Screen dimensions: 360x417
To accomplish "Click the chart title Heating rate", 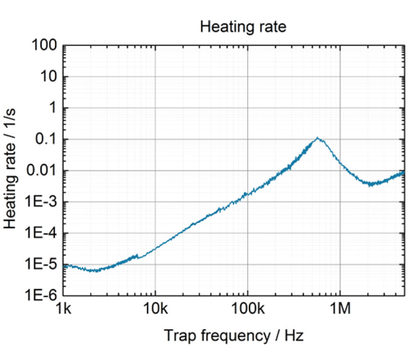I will click(243, 27).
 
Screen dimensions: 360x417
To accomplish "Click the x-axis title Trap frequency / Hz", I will click(234, 335).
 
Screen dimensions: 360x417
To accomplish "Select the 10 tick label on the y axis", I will click(49, 77).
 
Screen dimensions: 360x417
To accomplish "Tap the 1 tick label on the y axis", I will click(54, 108).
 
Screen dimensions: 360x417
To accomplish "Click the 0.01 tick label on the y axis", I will click(43, 171).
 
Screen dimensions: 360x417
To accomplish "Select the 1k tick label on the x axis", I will click(63, 310).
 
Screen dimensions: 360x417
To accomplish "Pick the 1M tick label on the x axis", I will click(340, 310).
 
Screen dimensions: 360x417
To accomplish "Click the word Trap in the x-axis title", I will click(178, 335).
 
